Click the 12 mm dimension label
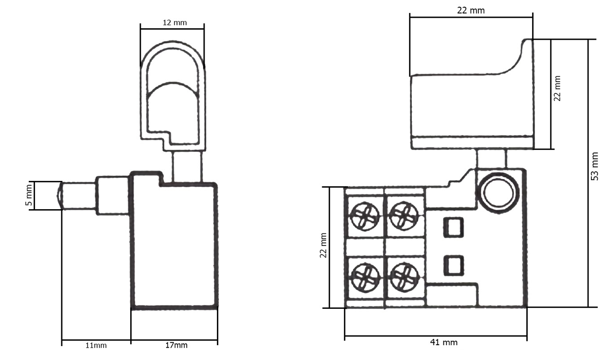(175, 22)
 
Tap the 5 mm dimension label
(29, 195)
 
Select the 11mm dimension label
(96, 346)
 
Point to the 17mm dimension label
(176, 345)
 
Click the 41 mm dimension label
(443, 342)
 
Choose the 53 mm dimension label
(595, 166)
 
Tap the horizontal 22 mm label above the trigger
(471, 11)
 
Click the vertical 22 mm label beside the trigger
(557, 89)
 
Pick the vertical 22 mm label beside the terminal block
(323, 246)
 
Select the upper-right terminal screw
(404, 216)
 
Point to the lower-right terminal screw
(404, 277)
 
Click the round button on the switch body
(499, 192)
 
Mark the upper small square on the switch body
(454, 227)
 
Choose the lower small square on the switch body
(454, 265)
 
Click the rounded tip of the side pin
(59, 196)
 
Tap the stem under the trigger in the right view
(491, 158)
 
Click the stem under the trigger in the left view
(187, 167)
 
